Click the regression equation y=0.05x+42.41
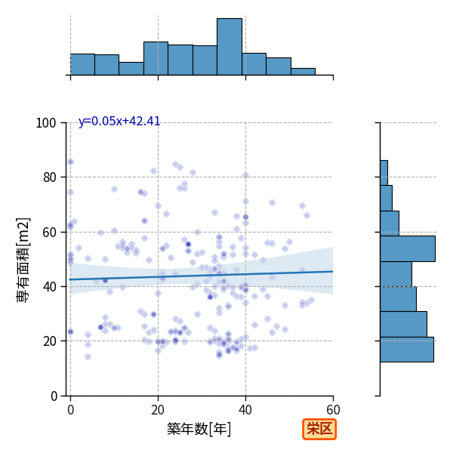(119, 122)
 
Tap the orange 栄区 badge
(319, 430)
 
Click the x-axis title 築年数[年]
(199, 429)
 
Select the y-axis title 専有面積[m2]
(23, 260)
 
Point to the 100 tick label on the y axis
(45, 123)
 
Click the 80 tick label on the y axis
(49, 177)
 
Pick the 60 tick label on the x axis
(333, 410)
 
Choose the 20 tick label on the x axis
(158, 410)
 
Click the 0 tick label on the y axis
(54, 396)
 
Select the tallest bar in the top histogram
(230, 47)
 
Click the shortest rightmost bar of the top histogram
(303, 72)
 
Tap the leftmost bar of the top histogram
(82, 64)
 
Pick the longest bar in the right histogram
(408, 248)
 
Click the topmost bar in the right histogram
(384, 173)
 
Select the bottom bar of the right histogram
(407, 350)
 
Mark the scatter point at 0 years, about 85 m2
(70, 162)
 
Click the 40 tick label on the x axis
(245, 410)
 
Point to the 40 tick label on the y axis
(49, 287)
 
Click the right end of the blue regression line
(333, 271)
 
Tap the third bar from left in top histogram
(131, 69)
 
